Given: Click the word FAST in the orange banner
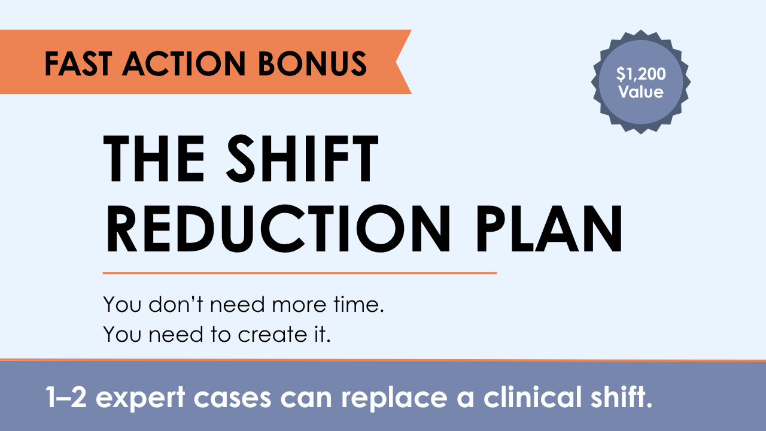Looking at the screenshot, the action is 78,63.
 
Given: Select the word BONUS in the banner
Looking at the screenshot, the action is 312,63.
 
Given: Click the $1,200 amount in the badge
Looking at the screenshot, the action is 641,74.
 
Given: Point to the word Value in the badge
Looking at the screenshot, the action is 641,92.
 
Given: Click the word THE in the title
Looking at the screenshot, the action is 154,159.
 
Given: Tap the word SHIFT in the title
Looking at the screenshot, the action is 302,159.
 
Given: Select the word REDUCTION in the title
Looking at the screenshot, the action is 278,229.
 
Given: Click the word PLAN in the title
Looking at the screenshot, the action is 549,229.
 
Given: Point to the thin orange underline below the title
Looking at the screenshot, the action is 300,273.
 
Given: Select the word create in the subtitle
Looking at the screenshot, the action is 272,334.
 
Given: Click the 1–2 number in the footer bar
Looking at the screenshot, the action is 66,397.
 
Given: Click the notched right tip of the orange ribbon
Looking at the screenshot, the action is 396,62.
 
